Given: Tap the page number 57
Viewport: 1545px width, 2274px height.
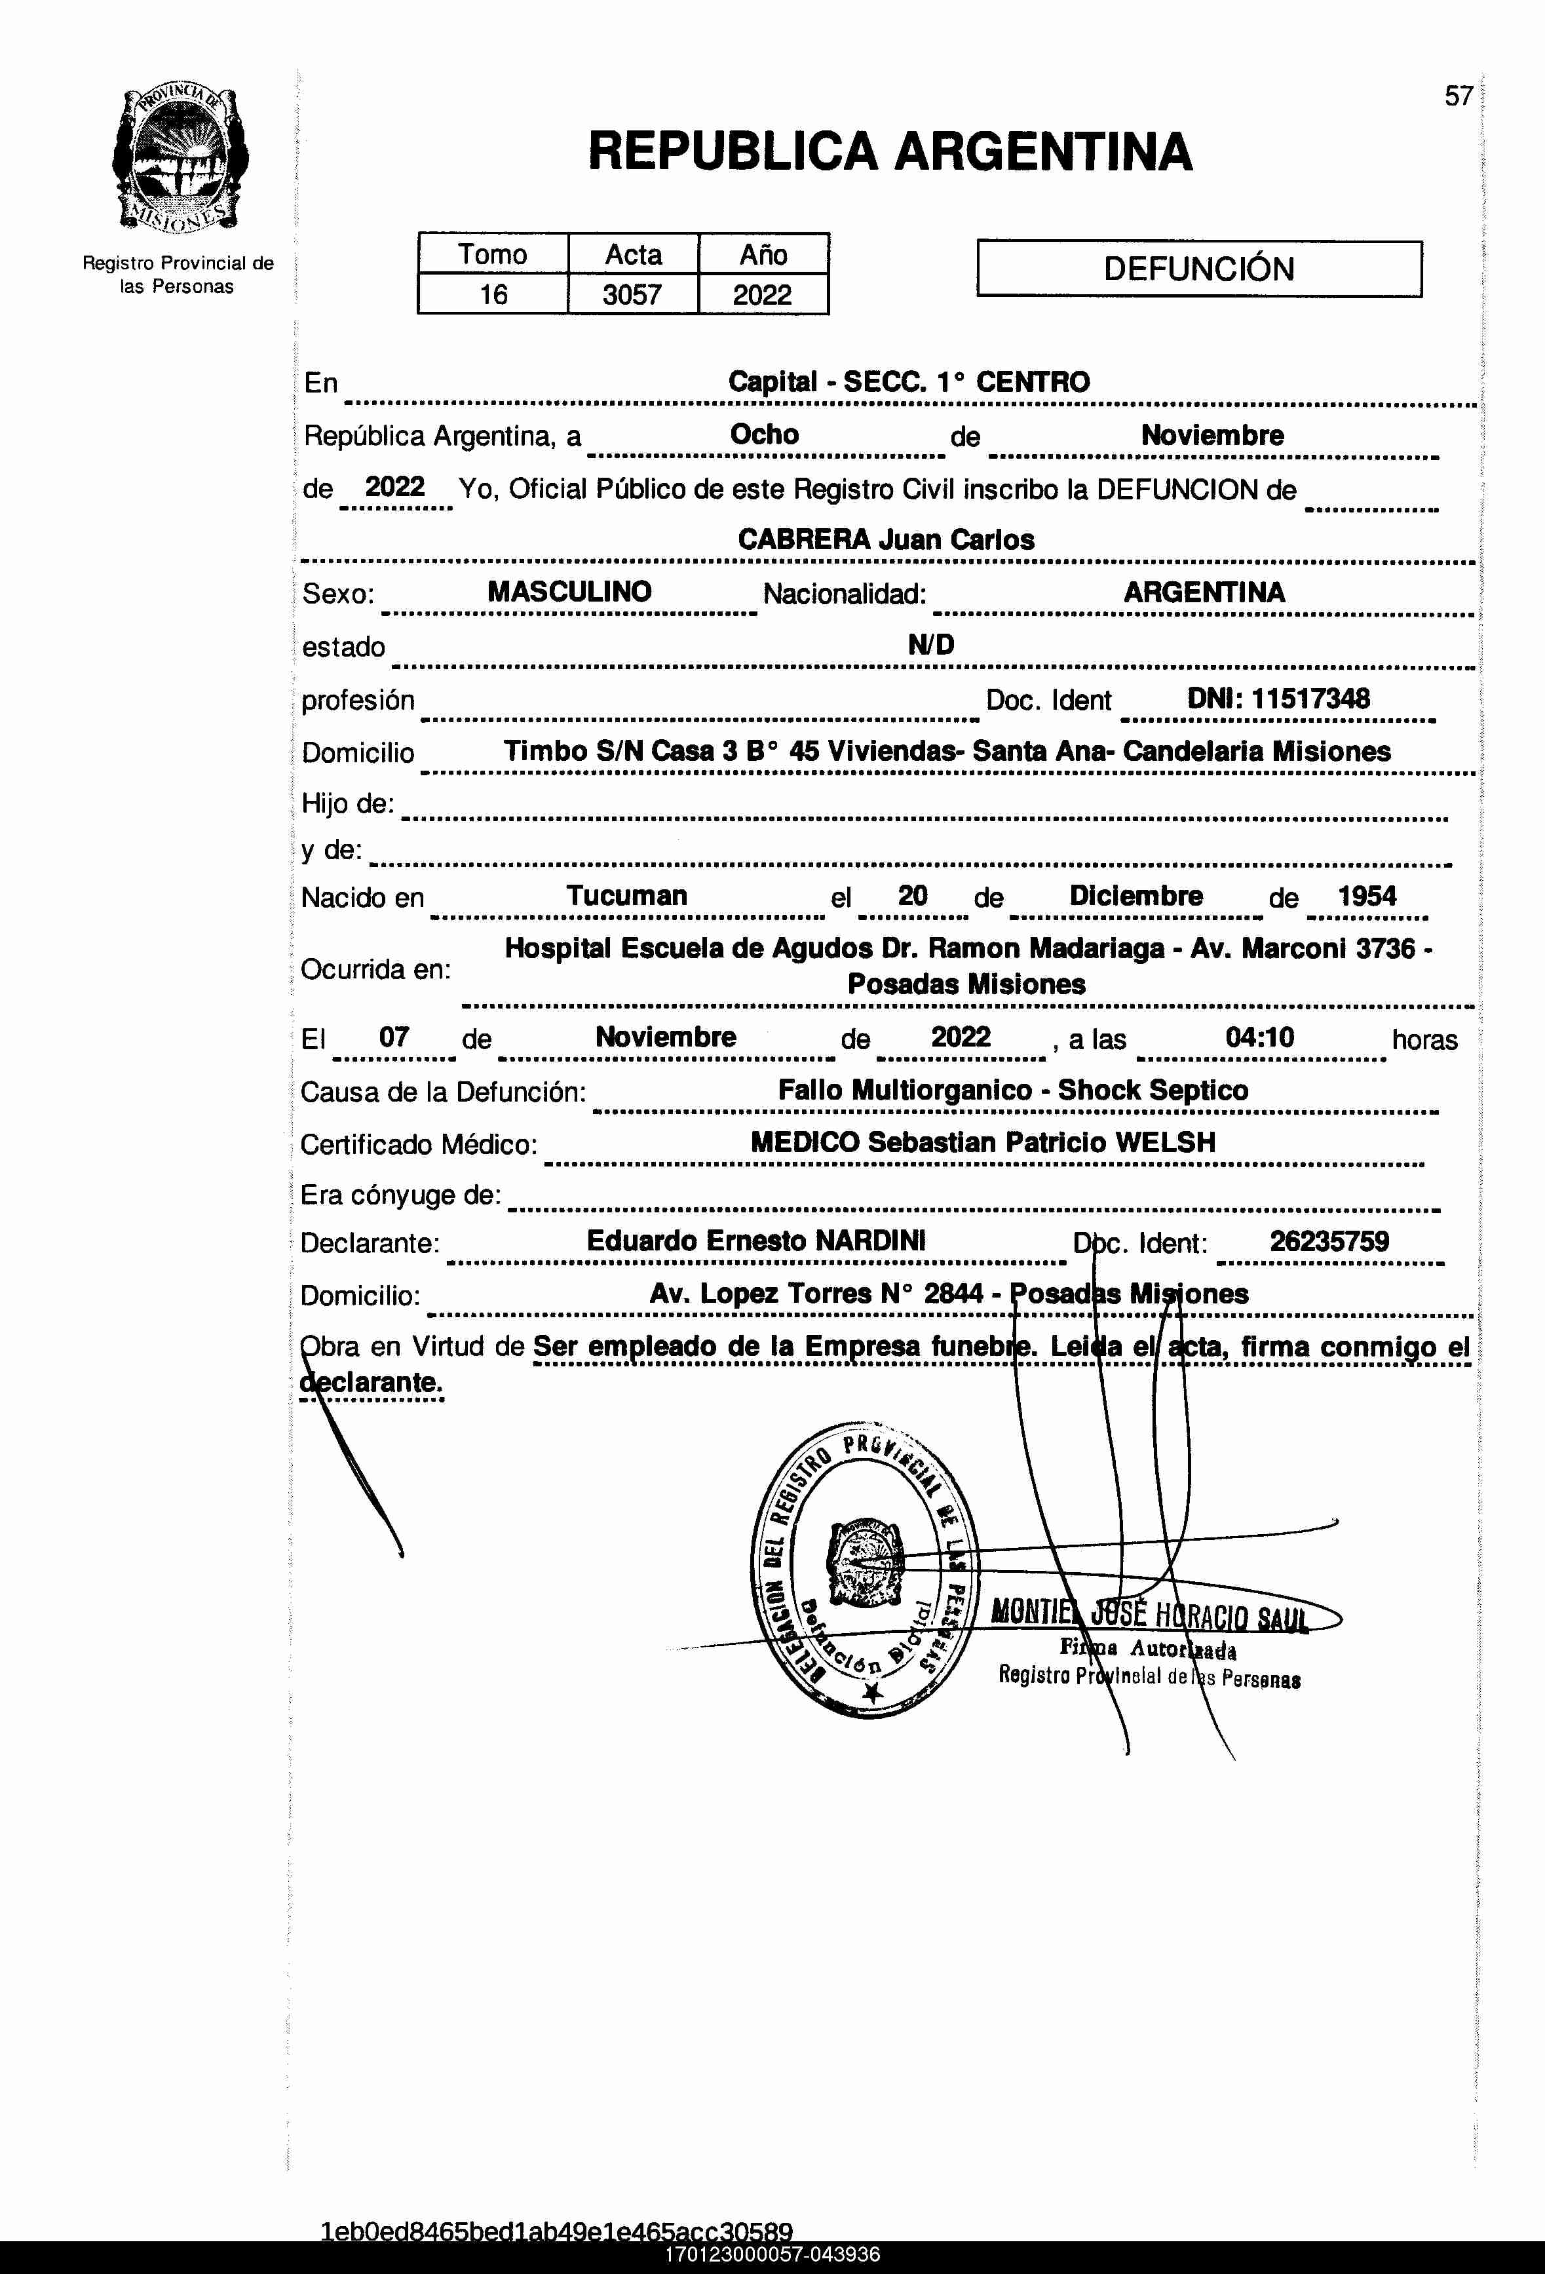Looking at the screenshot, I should [1458, 96].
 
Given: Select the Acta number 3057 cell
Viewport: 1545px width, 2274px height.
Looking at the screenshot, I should [632, 294].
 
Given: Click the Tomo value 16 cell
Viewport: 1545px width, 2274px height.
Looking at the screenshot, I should [493, 294].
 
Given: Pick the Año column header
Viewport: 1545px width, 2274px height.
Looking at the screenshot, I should [763, 254].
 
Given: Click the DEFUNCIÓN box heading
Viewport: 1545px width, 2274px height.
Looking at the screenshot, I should [1198, 269].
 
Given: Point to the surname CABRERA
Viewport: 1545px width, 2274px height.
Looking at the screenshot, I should [803, 540].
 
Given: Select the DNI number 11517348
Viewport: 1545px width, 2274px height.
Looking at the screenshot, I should [1310, 699].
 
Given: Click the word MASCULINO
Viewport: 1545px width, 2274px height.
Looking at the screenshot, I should [569, 592].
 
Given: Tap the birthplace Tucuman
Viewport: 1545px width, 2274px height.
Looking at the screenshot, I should [627, 895].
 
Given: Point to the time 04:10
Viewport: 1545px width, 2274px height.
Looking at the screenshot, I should [1259, 1037].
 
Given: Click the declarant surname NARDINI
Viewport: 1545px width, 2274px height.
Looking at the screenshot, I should [871, 1241].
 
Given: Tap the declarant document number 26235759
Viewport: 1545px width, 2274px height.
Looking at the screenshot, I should [1329, 1242].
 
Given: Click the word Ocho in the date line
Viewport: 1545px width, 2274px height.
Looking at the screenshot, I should [764, 434].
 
